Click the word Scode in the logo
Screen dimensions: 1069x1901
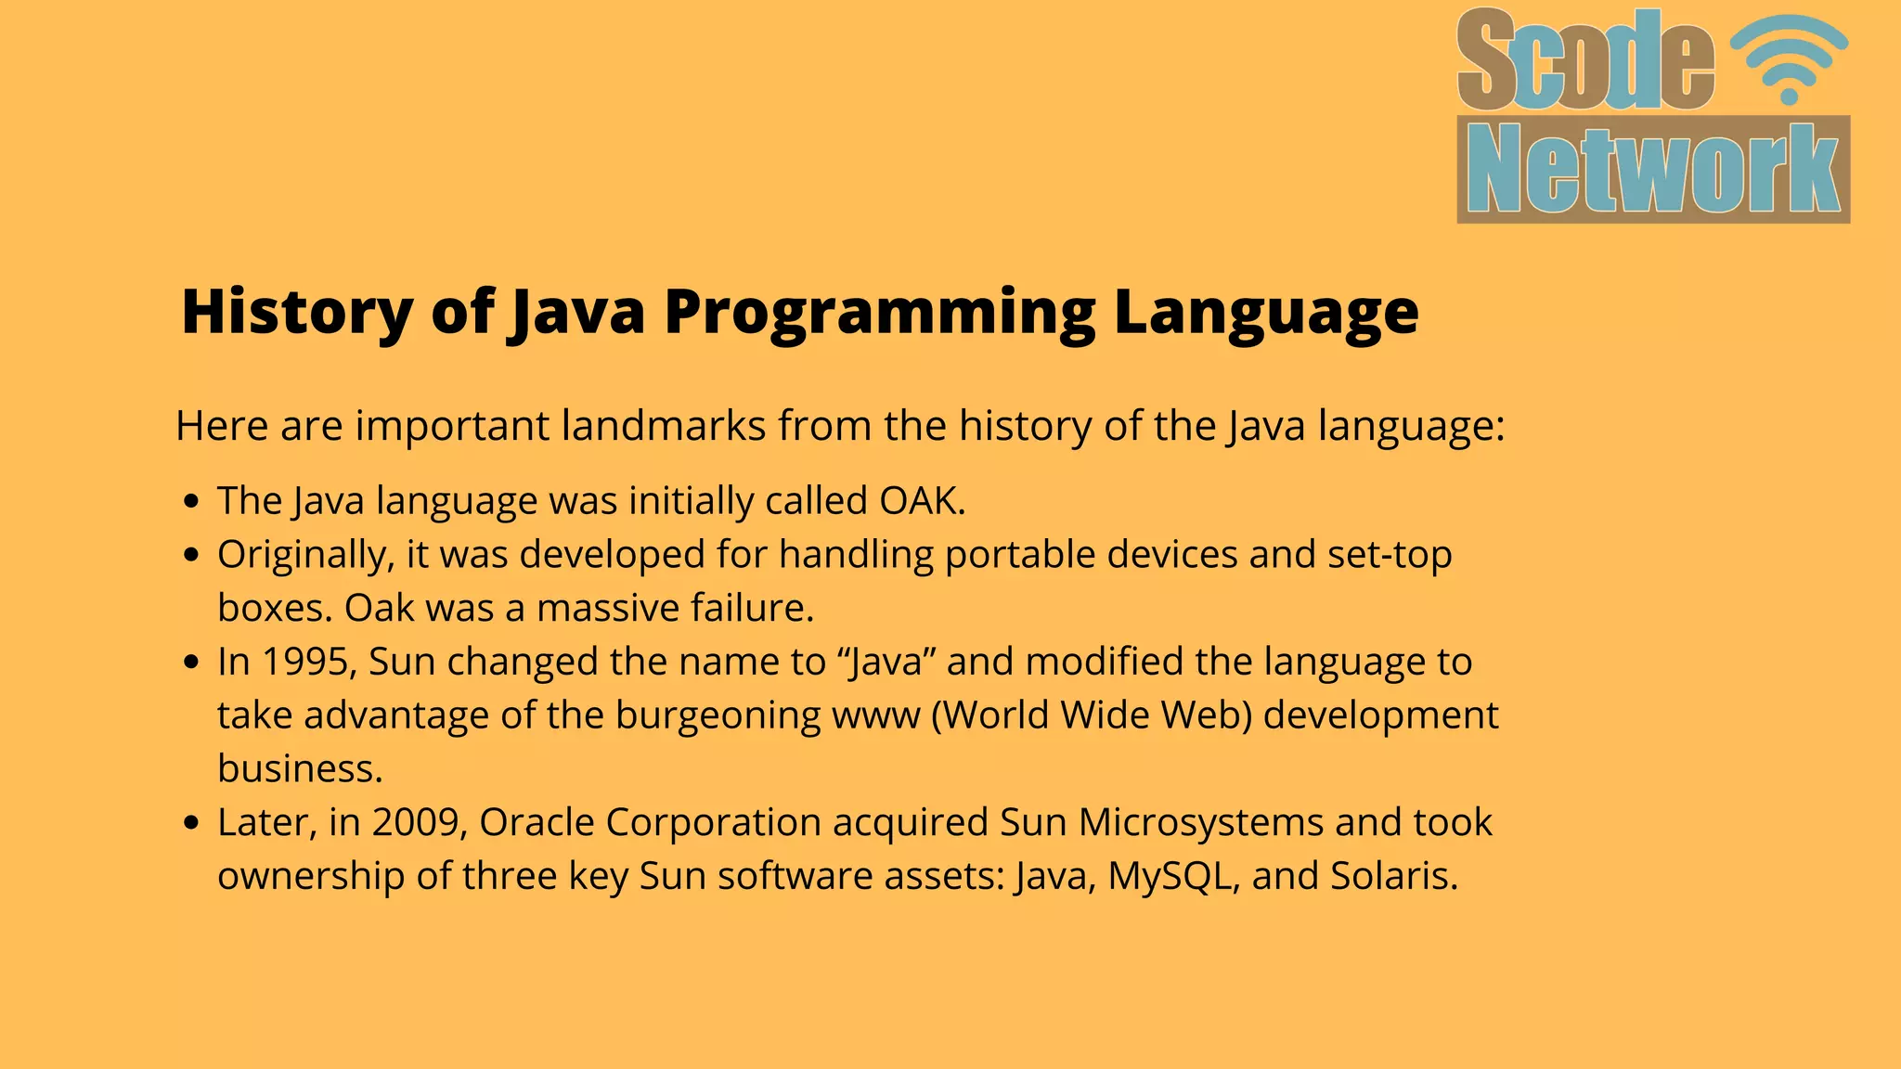pos(1585,61)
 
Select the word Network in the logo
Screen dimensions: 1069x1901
pos(1653,170)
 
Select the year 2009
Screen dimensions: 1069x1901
pos(419,822)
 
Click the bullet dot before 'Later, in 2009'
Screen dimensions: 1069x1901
pos(192,823)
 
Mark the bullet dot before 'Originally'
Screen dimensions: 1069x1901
pos(192,556)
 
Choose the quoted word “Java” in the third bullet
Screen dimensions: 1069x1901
pos(886,663)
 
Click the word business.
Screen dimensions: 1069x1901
pos(300,769)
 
